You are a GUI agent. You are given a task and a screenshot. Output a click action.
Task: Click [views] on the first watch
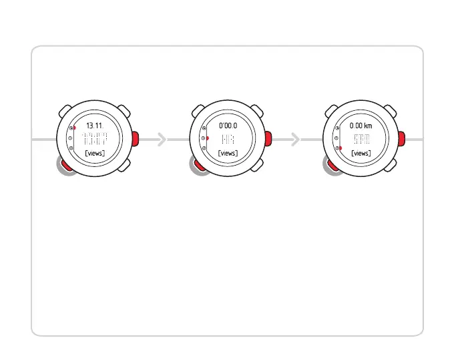[x=94, y=154]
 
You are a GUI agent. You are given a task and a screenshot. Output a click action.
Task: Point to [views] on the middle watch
[x=228, y=154]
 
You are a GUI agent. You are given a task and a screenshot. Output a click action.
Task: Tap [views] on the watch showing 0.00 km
[x=361, y=154]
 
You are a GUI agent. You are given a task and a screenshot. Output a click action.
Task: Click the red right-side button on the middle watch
[x=268, y=139]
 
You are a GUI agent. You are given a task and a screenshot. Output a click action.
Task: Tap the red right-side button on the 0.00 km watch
[x=401, y=139]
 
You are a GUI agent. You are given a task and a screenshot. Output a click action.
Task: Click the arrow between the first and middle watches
[x=161, y=139]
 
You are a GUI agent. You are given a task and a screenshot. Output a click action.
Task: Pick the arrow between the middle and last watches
[x=295, y=139]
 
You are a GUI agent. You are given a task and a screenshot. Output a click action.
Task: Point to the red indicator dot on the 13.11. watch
[x=73, y=127]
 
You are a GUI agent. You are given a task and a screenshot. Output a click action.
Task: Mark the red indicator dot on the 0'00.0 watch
[x=207, y=138]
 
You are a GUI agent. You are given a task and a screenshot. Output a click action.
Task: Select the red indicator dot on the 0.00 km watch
[x=340, y=149]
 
